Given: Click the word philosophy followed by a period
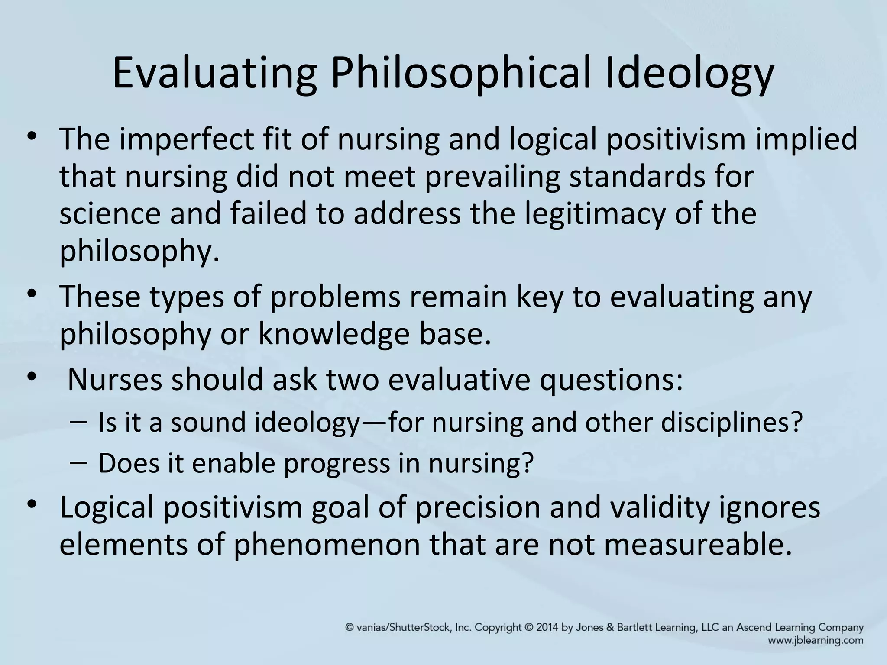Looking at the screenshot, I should tap(139, 251).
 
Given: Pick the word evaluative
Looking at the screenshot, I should tap(459, 380).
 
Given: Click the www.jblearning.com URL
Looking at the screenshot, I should tap(816, 640).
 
